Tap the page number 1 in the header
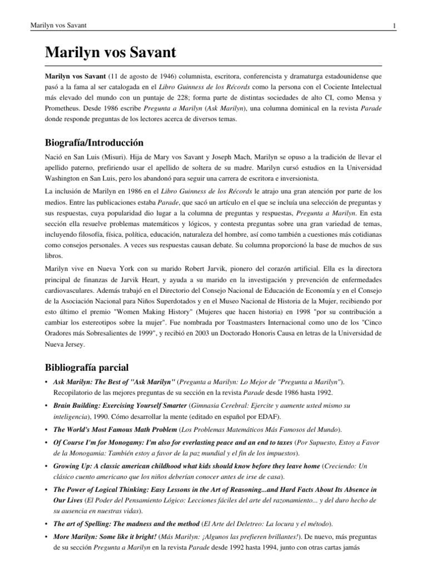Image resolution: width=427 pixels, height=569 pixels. [x=394, y=26]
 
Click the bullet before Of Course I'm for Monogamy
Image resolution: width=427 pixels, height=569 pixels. [x=46, y=442]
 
